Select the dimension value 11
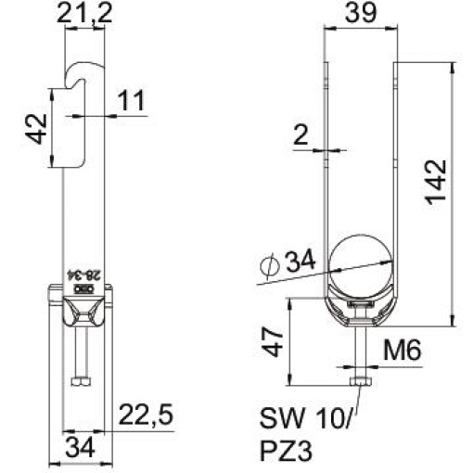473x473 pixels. coord(132,101)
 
